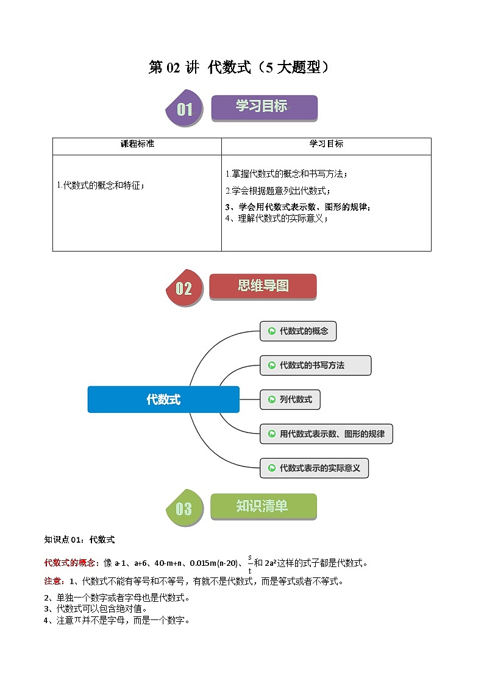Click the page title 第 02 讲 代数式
(240, 67)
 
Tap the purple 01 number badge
(185, 110)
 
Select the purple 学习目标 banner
(264, 107)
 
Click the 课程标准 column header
(137, 144)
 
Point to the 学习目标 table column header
(326, 144)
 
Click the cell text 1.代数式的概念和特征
(101, 185)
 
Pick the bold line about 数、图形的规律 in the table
(297, 206)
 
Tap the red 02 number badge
(184, 288)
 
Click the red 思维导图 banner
(263, 286)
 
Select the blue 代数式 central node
(163, 400)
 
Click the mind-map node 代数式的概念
(298, 331)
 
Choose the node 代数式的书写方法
(315, 365)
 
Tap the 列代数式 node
(290, 400)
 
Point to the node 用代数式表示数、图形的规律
(326, 434)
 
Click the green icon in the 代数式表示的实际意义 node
(270, 468)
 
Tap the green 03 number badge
(184, 509)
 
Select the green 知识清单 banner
(263, 506)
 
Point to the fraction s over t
(250, 563)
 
